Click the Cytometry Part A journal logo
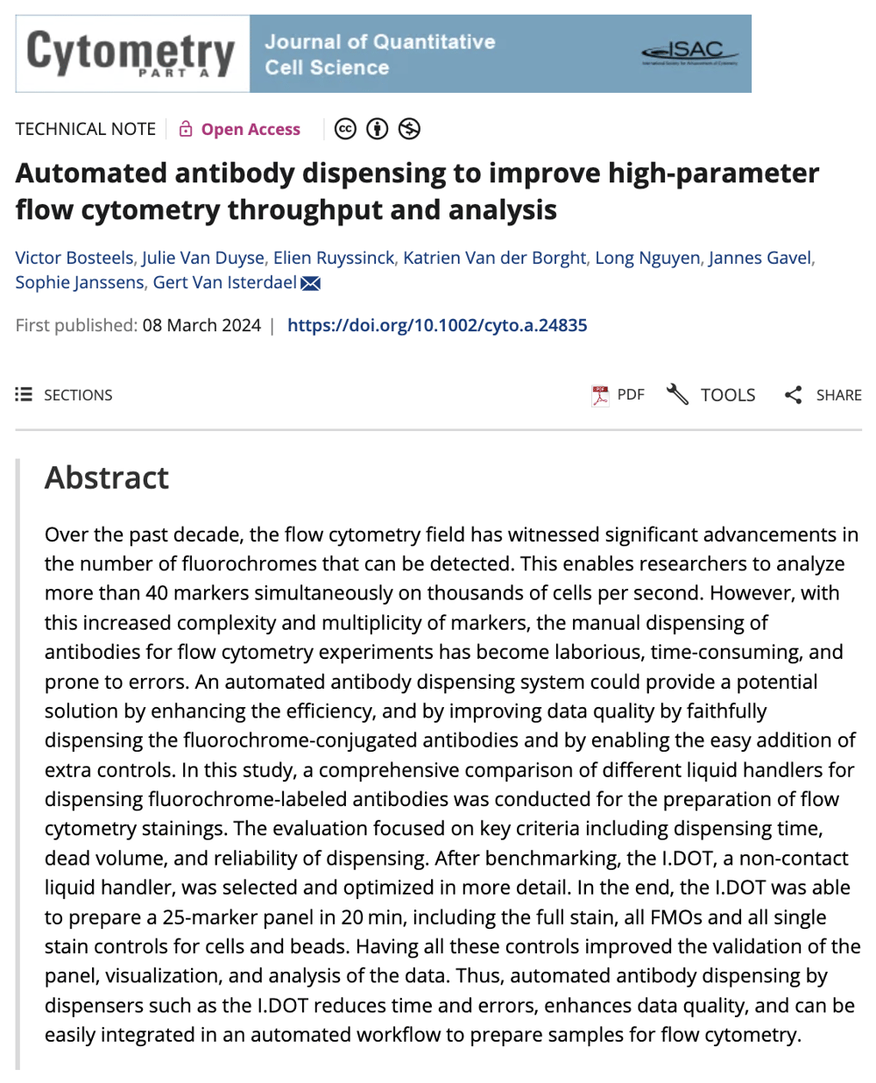(131, 53)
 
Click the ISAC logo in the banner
(689, 53)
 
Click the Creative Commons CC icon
(346, 129)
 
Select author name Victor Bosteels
(74, 258)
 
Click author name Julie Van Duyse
(203, 258)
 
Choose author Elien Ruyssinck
(334, 258)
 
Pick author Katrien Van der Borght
(494, 258)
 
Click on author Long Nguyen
(647, 258)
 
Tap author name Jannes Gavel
(759, 258)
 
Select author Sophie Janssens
(80, 282)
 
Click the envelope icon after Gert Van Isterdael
(310, 283)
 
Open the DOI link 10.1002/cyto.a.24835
(437, 325)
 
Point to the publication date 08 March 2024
(201, 325)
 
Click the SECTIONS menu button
(65, 395)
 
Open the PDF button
(618, 395)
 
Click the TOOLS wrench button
(711, 395)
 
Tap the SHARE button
(823, 395)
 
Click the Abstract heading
(107, 478)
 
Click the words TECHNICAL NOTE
(85, 130)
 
